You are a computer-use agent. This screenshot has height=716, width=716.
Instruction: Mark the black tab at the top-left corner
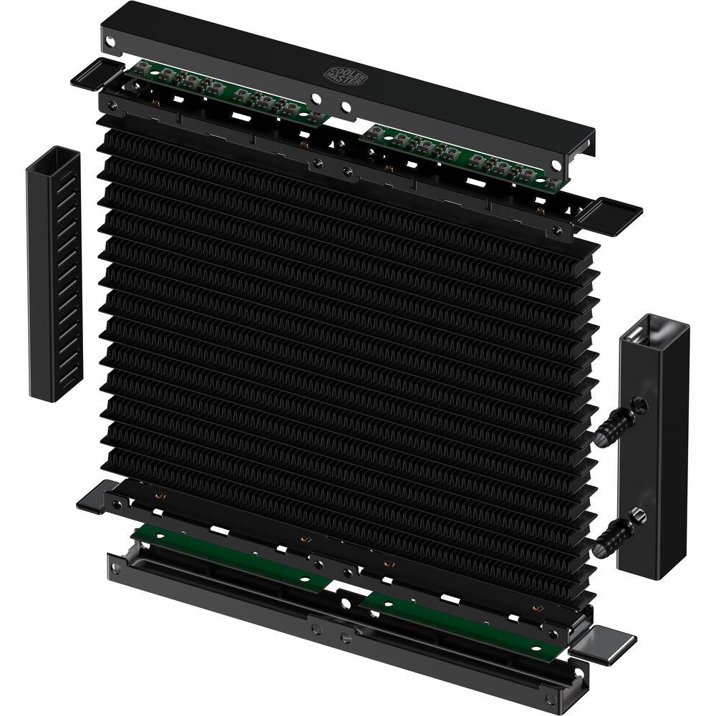click(x=95, y=74)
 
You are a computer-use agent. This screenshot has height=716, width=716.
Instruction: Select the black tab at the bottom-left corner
click(x=91, y=498)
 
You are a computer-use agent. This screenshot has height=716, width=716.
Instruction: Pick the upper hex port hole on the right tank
click(x=639, y=405)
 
